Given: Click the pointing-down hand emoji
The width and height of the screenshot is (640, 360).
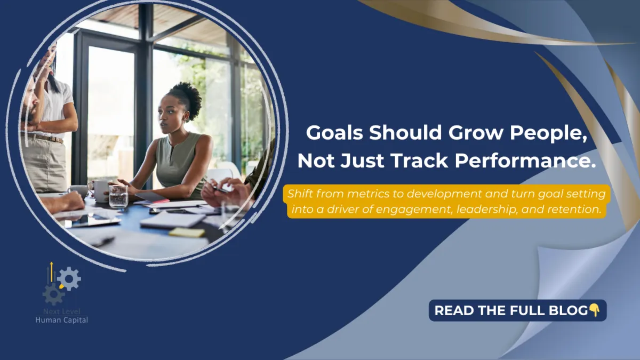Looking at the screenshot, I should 594,310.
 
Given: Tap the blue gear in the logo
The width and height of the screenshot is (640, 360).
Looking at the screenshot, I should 69,278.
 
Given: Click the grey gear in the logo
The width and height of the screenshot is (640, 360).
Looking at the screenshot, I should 53,294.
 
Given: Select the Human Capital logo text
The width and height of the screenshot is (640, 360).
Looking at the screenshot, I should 61,319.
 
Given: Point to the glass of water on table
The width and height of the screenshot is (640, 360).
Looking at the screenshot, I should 118,196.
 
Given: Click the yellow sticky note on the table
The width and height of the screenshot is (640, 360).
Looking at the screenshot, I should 187,233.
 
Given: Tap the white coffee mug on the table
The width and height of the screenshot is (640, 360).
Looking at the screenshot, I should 100,190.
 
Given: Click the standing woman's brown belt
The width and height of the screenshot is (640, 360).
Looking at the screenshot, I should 45,138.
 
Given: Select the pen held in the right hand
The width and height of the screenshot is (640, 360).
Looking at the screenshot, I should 220,187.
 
